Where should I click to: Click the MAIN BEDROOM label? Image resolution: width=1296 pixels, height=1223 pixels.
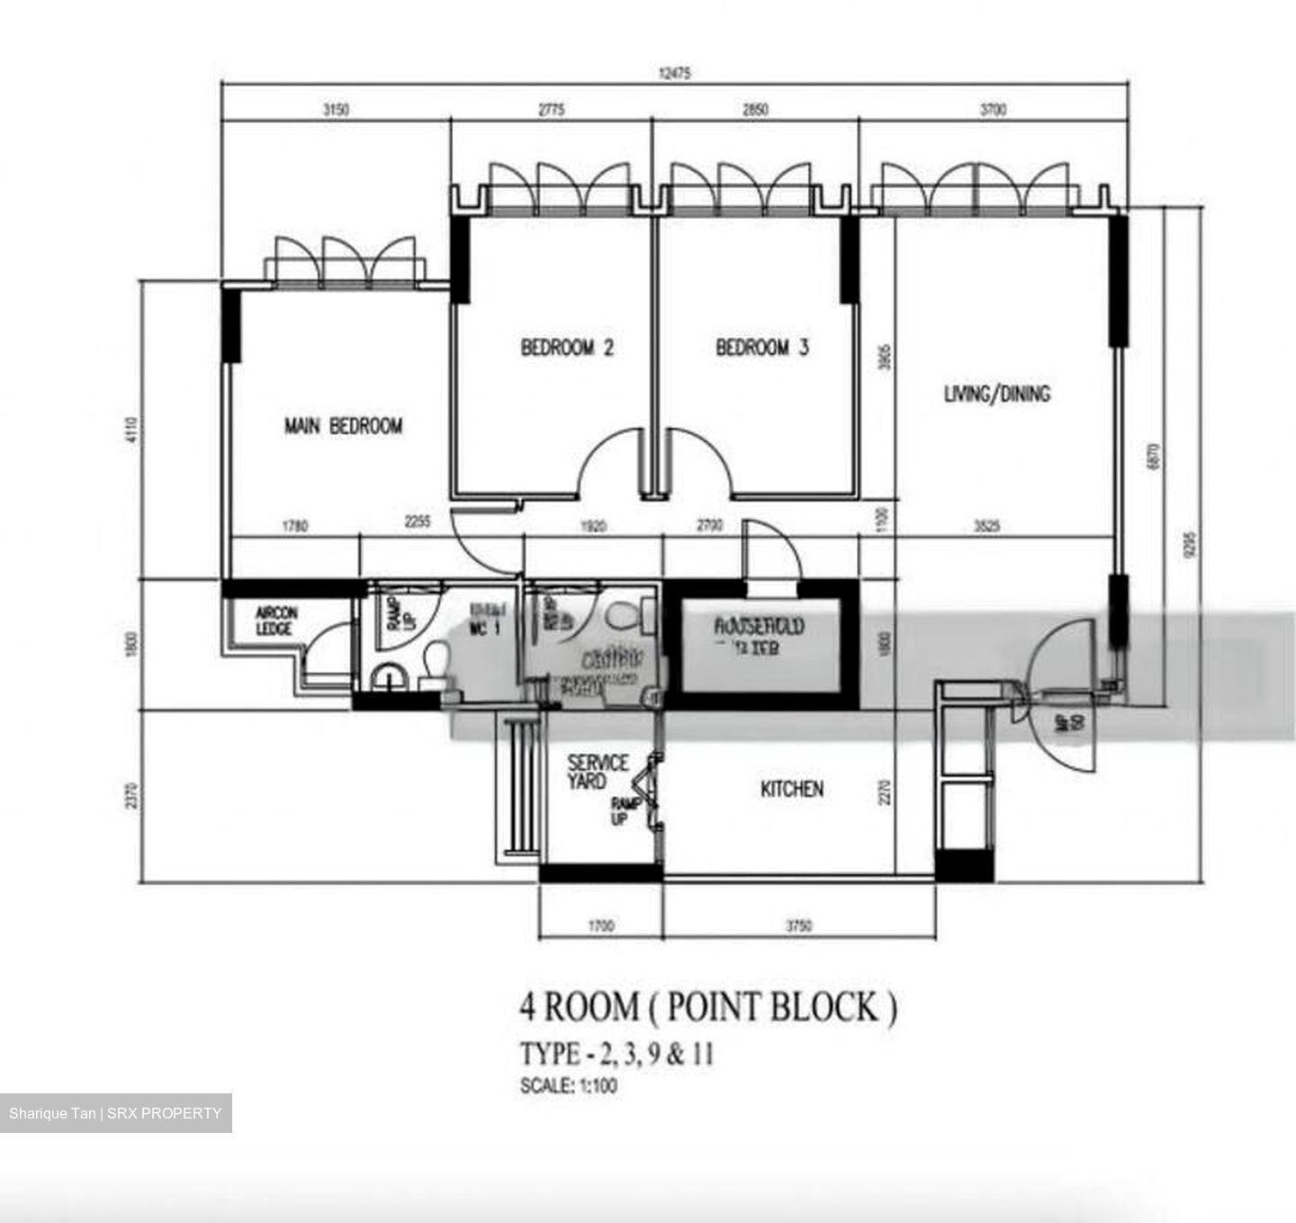[x=343, y=426]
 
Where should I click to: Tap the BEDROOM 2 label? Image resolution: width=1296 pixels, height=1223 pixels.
[x=567, y=348]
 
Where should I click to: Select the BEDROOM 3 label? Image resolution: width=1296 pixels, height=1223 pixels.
[x=761, y=348]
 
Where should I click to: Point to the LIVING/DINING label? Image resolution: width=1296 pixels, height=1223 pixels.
[x=996, y=394]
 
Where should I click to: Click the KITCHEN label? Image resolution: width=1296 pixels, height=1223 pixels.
[x=791, y=789]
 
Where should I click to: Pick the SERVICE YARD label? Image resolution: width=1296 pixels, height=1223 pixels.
[x=597, y=772]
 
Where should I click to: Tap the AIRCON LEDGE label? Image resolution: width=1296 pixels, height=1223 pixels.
[x=275, y=621]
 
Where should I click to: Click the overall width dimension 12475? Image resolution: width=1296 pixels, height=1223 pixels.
[x=674, y=75]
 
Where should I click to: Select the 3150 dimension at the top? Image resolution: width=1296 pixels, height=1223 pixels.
[x=336, y=110]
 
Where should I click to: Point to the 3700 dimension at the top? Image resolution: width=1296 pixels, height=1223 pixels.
[x=993, y=110]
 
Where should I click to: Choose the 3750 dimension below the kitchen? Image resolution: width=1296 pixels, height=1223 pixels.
[x=798, y=926]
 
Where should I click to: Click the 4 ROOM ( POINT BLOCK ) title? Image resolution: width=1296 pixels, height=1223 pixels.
[x=707, y=1007]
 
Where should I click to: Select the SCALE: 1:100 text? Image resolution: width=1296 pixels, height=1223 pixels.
[x=569, y=1086]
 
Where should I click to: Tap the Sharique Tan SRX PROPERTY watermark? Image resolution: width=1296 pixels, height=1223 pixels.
[x=115, y=1113]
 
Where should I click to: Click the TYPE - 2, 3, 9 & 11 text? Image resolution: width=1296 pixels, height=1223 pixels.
[x=616, y=1054]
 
